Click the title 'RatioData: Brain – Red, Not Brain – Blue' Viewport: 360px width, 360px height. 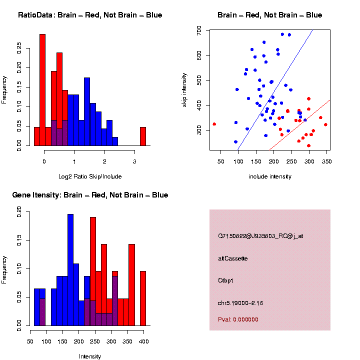coord(90,15)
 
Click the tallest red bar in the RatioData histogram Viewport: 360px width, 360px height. coord(42,90)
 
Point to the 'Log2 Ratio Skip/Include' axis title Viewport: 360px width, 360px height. coord(90,176)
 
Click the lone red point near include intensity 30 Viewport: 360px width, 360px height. coord(214,124)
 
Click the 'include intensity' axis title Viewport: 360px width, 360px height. coord(270,176)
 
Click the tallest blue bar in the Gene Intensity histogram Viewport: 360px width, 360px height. coord(70,270)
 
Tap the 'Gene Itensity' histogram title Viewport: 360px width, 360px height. coord(90,195)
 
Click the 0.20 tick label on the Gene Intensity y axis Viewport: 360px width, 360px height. coord(19,212)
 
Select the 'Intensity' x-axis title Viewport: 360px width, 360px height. coord(90,356)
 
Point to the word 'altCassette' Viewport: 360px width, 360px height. coord(233,258)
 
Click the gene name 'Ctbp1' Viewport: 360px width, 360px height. coord(226,280)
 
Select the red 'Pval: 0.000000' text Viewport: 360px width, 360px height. coord(238,319)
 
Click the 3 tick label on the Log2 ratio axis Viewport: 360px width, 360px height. coord(134,161)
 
